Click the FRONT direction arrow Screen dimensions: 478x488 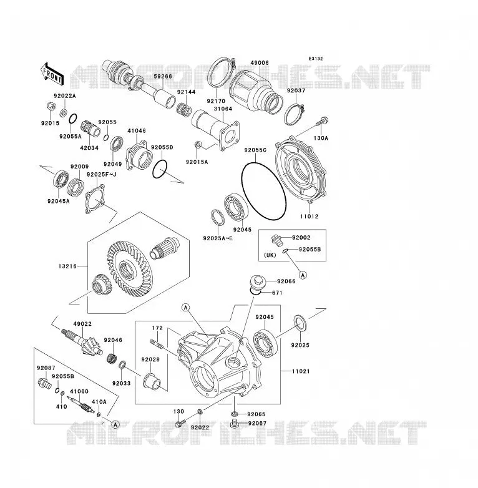click(x=52, y=74)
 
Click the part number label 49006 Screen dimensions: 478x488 click(x=260, y=63)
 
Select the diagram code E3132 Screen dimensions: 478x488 click(x=316, y=59)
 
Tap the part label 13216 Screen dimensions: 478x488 click(x=67, y=266)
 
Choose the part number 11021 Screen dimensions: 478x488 click(x=301, y=371)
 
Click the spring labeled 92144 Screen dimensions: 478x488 click(x=184, y=110)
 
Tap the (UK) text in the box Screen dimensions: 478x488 click(x=270, y=255)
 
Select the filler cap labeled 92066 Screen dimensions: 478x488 click(x=256, y=282)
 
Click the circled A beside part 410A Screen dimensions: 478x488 click(x=115, y=424)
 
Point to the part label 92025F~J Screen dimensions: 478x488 click(x=102, y=174)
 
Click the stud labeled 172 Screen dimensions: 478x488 click(x=158, y=345)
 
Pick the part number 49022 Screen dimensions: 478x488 click(x=82, y=324)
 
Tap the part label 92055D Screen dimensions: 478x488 click(x=162, y=147)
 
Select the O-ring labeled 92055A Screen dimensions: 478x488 click(x=72, y=119)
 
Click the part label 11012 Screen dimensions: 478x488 click(x=310, y=217)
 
